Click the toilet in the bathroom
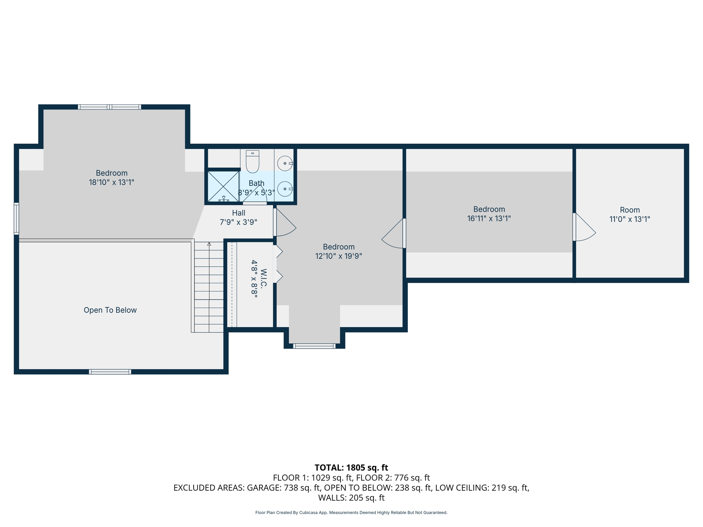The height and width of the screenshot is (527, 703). click(x=252, y=162)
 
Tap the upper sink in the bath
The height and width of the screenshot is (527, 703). click(x=285, y=163)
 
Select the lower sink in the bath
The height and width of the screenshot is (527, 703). click(x=285, y=189)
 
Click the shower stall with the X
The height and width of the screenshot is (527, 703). click(x=223, y=186)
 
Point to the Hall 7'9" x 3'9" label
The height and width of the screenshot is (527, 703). click(x=239, y=218)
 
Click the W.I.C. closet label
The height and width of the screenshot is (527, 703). click(x=258, y=278)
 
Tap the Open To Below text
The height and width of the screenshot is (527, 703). click(x=110, y=310)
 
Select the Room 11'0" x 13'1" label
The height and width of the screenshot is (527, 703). click(x=630, y=214)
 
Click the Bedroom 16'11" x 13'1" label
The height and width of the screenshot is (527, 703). click(x=489, y=214)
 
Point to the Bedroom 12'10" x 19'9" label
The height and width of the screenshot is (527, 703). click(x=338, y=251)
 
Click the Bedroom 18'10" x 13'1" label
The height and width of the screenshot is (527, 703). click(x=112, y=177)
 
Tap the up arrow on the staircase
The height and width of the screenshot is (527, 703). click(x=209, y=244)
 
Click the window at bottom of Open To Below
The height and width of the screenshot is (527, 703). click(x=110, y=372)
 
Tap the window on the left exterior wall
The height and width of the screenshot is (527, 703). click(x=16, y=219)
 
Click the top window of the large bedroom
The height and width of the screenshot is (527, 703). click(x=110, y=107)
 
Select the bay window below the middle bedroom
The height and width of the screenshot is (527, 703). click(x=314, y=346)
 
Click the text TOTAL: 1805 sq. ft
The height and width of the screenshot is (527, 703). click(x=351, y=468)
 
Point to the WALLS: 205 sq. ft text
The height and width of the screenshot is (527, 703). click(x=351, y=498)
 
